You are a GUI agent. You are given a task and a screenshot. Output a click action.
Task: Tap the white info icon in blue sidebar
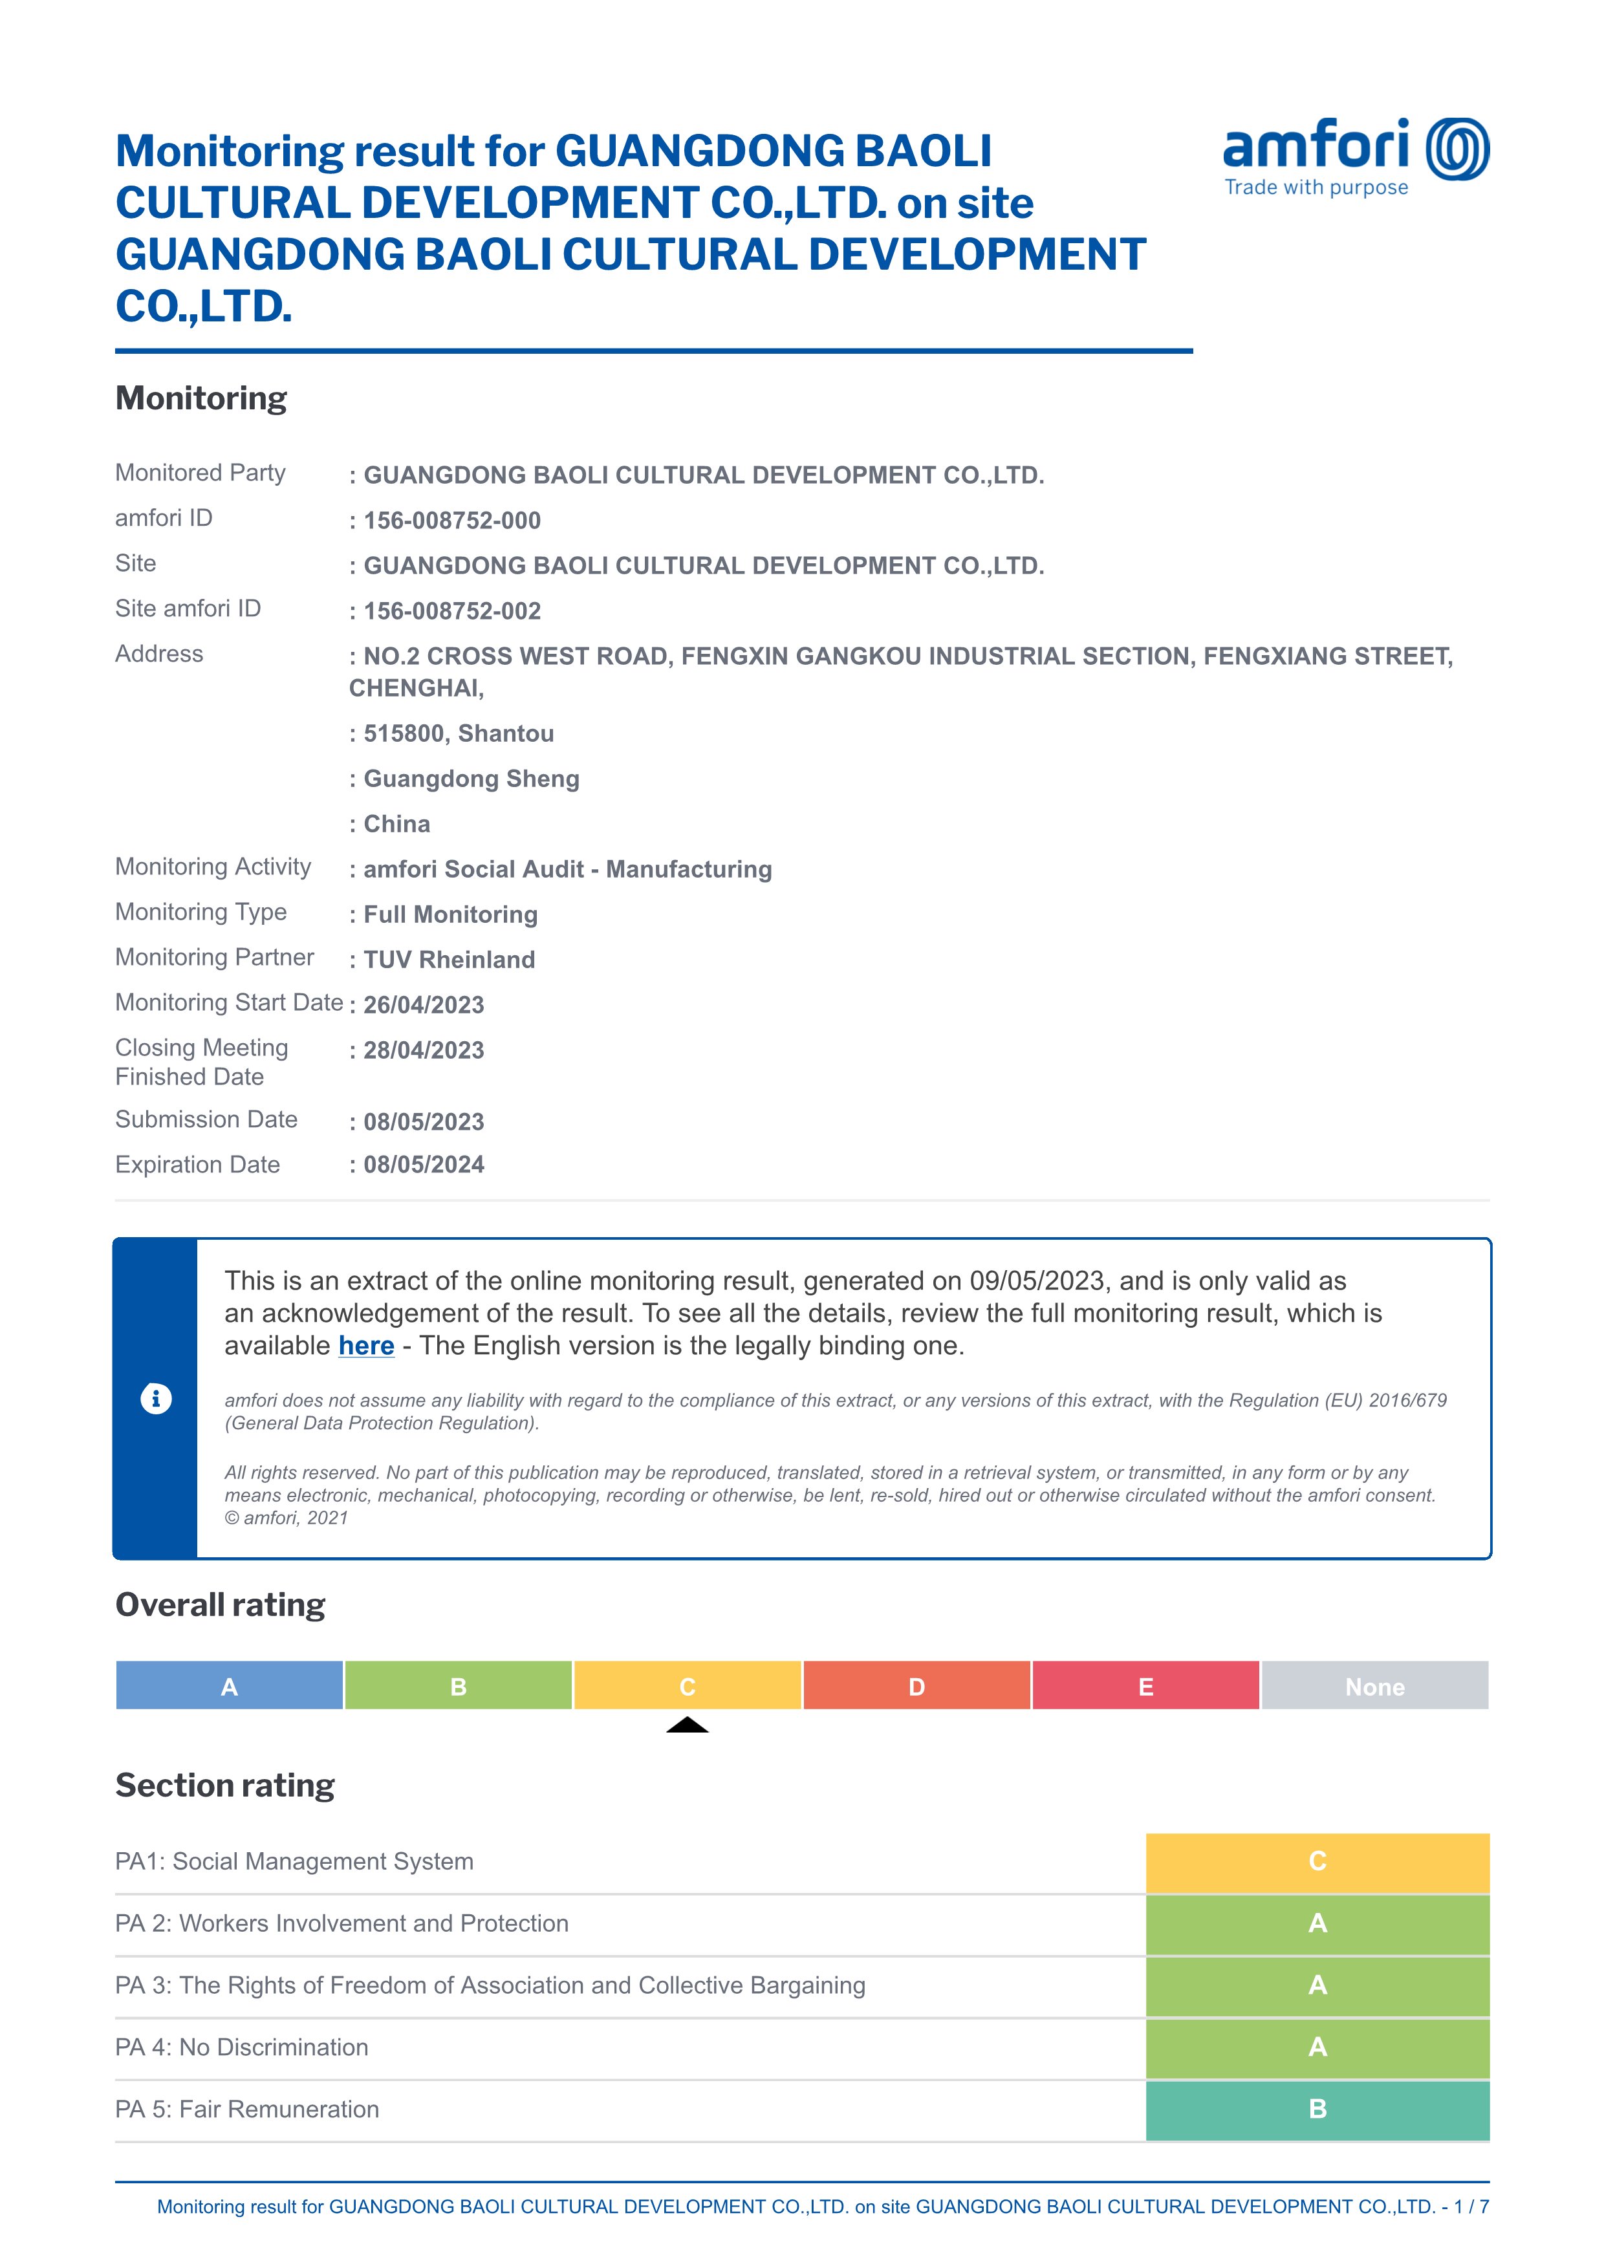click(156, 1399)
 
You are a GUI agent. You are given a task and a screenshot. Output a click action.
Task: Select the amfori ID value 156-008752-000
click(451, 521)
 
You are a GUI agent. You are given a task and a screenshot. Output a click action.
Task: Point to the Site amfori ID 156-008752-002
click(451, 611)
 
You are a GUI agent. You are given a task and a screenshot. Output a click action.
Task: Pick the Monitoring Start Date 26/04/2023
click(424, 1006)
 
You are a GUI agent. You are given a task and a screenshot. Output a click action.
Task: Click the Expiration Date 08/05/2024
click(424, 1165)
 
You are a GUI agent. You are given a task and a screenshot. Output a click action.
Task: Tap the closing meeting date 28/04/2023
click(424, 1051)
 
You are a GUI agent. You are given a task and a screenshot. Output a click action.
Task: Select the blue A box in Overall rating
click(229, 1686)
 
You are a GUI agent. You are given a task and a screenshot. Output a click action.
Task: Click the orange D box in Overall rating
click(916, 1686)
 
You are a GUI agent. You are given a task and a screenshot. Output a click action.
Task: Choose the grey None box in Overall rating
click(1375, 1686)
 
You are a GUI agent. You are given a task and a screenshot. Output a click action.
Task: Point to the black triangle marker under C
click(688, 1725)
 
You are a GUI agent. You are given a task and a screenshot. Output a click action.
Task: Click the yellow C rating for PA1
click(1317, 1862)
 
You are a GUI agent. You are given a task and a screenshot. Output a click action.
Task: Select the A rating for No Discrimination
click(1317, 2047)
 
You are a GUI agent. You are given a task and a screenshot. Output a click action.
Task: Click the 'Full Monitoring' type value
click(450, 914)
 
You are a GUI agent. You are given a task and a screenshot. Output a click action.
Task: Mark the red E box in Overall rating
click(1145, 1686)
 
